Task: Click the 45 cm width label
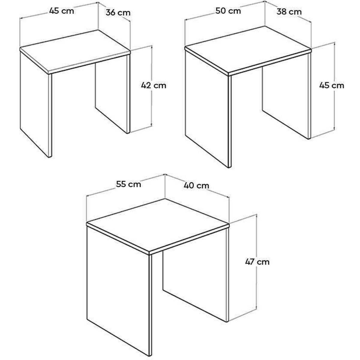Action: pos(62,11)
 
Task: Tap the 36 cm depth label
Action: pos(118,13)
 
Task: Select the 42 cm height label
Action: pos(154,85)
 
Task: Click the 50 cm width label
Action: pos(228,11)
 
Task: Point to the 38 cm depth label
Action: pos(289,12)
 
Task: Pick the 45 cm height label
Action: pos(331,85)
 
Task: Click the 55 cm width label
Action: pos(128,184)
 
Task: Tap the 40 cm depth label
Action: pos(196,185)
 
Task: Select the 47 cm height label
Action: pos(257,262)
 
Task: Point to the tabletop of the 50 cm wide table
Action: pos(248,50)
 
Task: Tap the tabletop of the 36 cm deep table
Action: pos(75,51)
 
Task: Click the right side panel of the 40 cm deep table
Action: pos(196,271)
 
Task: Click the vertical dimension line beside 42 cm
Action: pos(151,86)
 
